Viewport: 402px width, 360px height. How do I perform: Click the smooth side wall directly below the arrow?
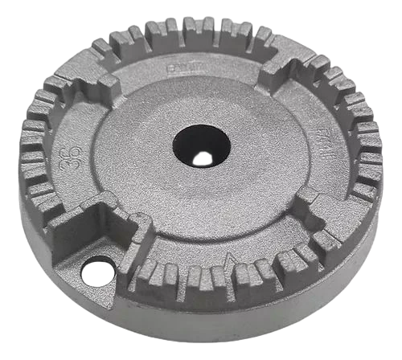233,317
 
